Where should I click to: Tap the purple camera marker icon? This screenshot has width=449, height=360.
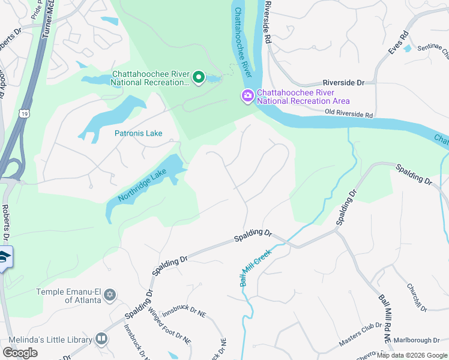pos(247,96)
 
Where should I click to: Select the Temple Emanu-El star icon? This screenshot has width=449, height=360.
pos(109,295)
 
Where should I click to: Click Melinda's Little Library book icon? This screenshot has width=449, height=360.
pos(101,340)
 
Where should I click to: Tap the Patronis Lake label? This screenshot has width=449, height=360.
pos(139,133)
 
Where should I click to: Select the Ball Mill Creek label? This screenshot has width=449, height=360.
pos(256,268)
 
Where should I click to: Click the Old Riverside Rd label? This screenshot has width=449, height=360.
pos(349,113)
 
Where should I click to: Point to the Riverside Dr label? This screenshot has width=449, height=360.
pos(343,82)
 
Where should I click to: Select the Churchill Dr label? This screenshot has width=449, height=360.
pos(416,298)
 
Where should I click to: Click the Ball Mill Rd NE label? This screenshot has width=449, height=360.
pos(384,319)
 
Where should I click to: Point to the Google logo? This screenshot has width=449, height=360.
pos(20,353)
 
